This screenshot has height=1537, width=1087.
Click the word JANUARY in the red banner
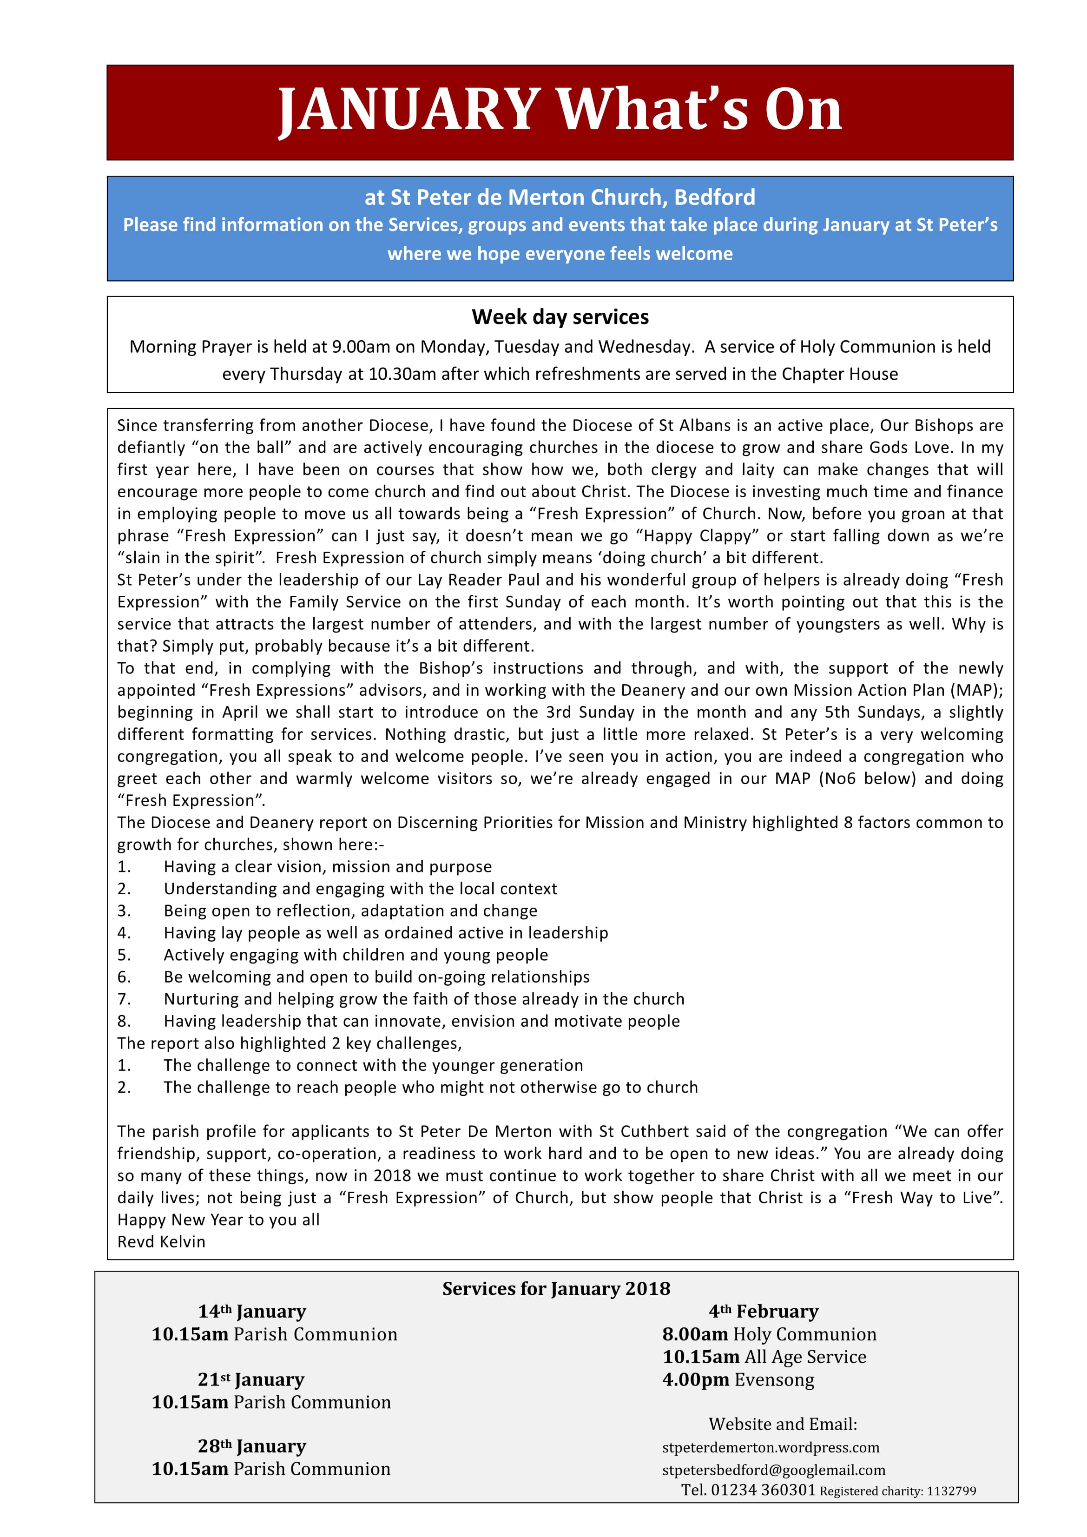pos(409,111)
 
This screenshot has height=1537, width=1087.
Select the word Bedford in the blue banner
pos(714,198)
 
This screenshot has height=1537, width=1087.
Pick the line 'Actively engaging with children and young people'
pos(356,955)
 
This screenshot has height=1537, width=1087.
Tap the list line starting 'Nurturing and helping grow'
pos(424,999)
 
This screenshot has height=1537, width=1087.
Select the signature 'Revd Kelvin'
pos(161,1242)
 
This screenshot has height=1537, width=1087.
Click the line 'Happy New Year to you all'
pos(218,1220)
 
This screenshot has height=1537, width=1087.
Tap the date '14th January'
pos(252,1312)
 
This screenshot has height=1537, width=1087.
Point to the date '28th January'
pos(252,1447)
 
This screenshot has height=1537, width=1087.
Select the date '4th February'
pos(764,1312)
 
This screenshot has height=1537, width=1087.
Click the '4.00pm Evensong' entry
pos(738,1380)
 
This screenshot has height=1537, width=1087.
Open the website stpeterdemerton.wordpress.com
pos(771,1448)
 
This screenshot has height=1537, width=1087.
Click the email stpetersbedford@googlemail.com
pos(773,1470)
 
